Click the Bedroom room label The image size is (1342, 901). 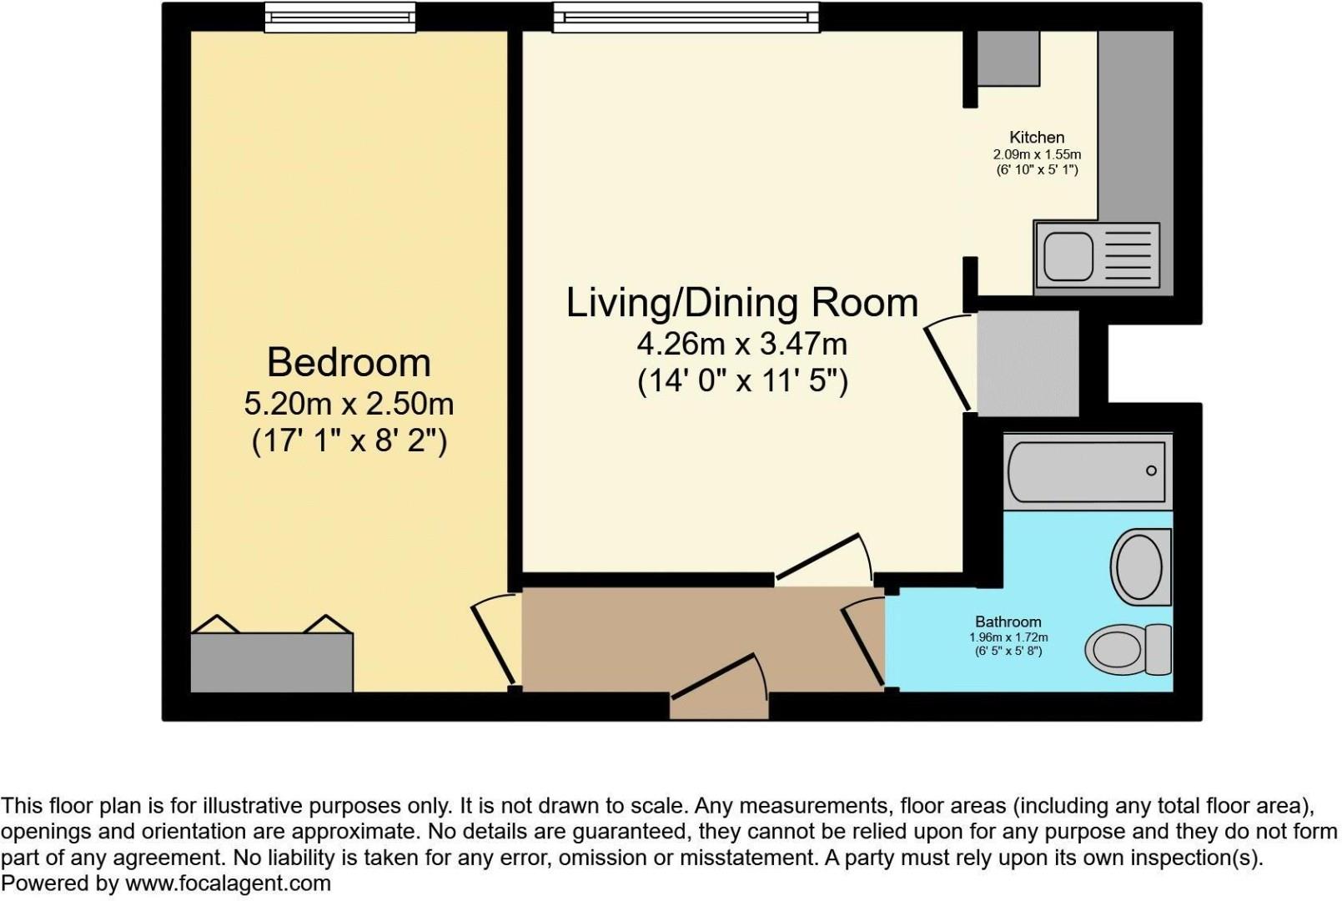(349, 363)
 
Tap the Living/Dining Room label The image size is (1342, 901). (741, 302)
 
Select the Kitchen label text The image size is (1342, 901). (1037, 138)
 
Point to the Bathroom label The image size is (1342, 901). (1008, 622)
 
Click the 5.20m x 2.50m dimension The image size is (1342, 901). (349, 405)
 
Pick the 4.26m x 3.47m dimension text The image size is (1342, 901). (741, 344)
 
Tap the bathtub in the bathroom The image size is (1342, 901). (1087, 471)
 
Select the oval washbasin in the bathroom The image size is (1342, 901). (1138, 566)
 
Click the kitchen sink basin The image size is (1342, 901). (1068, 256)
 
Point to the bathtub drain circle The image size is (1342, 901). (1151, 471)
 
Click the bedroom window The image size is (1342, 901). (339, 17)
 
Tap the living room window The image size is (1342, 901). (686, 17)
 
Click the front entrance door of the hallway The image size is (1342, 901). (719, 677)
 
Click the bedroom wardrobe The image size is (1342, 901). (272, 662)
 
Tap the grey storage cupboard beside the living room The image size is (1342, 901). (1028, 363)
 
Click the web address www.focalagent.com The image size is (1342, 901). (228, 883)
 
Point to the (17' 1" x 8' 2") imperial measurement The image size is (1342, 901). (349, 441)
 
